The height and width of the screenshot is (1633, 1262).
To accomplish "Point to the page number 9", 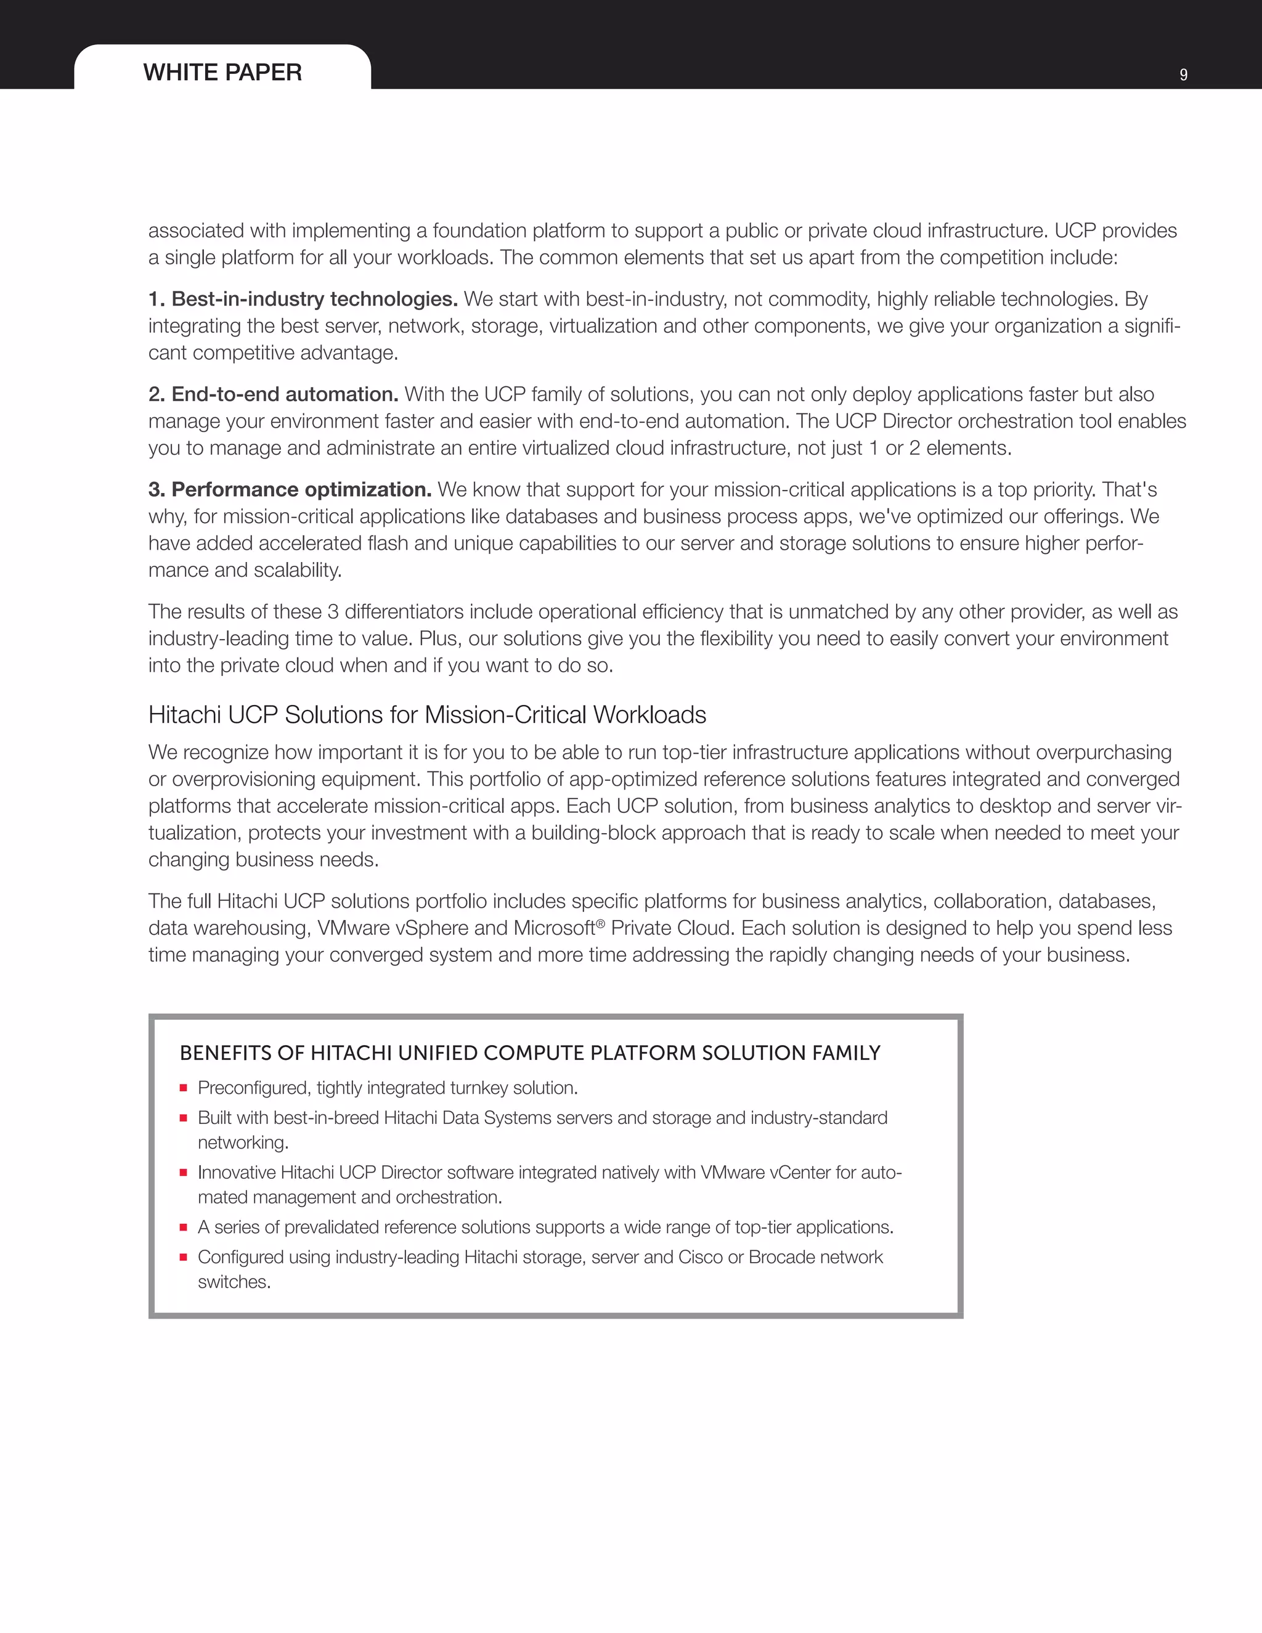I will pos(1183,75).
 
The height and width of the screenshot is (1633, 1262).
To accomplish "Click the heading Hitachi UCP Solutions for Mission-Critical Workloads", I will pos(427,715).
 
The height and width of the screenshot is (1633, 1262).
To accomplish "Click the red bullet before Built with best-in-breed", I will pos(183,1118).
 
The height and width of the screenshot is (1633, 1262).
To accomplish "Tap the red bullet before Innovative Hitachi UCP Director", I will pos(183,1173).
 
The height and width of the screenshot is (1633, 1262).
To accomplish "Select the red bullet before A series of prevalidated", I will pos(183,1228).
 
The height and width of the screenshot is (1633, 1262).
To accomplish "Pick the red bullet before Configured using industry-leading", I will pos(183,1258).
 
